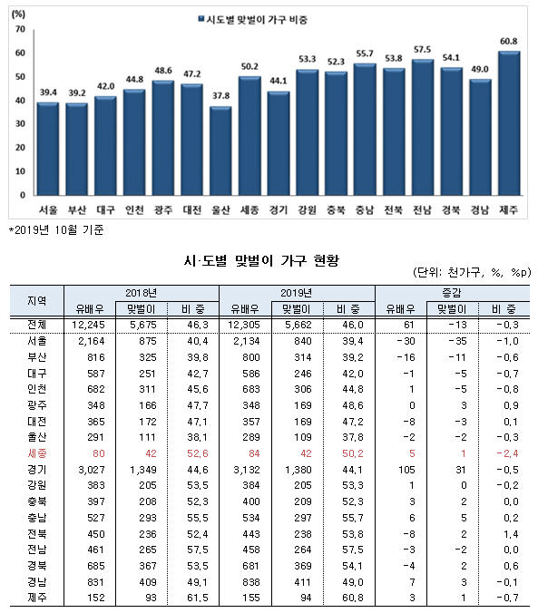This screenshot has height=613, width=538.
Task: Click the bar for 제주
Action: pos(509,123)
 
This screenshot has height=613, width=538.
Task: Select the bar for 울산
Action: pos(220,151)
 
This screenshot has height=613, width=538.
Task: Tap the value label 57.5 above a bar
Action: pos(422,50)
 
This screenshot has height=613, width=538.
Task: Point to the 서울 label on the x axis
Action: pos(48,210)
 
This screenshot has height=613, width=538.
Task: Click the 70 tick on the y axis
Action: pos(20,29)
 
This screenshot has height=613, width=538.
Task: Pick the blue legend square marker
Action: pos(201,19)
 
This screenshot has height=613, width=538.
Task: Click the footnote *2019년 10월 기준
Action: pos(56,230)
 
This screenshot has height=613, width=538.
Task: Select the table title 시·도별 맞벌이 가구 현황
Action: pos(262,260)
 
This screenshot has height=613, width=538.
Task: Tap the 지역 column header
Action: pos(37,301)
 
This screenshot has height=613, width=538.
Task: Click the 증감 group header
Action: pos(452,293)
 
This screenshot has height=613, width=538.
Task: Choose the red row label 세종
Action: pos(37,453)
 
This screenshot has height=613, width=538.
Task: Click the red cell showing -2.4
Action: pos(507,453)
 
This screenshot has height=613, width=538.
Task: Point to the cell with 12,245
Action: pos(88,325)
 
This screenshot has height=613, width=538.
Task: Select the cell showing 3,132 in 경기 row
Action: pos(247,470)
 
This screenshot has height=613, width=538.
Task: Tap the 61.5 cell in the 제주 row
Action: pos(198,598)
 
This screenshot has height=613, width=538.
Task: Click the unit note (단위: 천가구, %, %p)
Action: pos(472,272)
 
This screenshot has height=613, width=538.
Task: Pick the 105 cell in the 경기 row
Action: pos(406,470)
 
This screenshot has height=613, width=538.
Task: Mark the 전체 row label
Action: pos(37,325)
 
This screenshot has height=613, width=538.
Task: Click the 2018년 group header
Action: pos(141,293)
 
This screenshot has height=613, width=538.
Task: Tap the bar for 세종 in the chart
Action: pos(249,136)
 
